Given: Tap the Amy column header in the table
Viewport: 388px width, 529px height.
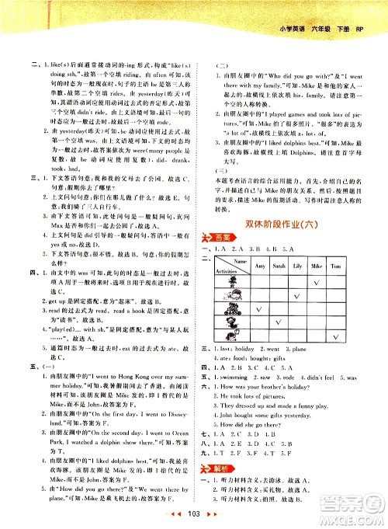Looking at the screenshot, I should tap(261, 245).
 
